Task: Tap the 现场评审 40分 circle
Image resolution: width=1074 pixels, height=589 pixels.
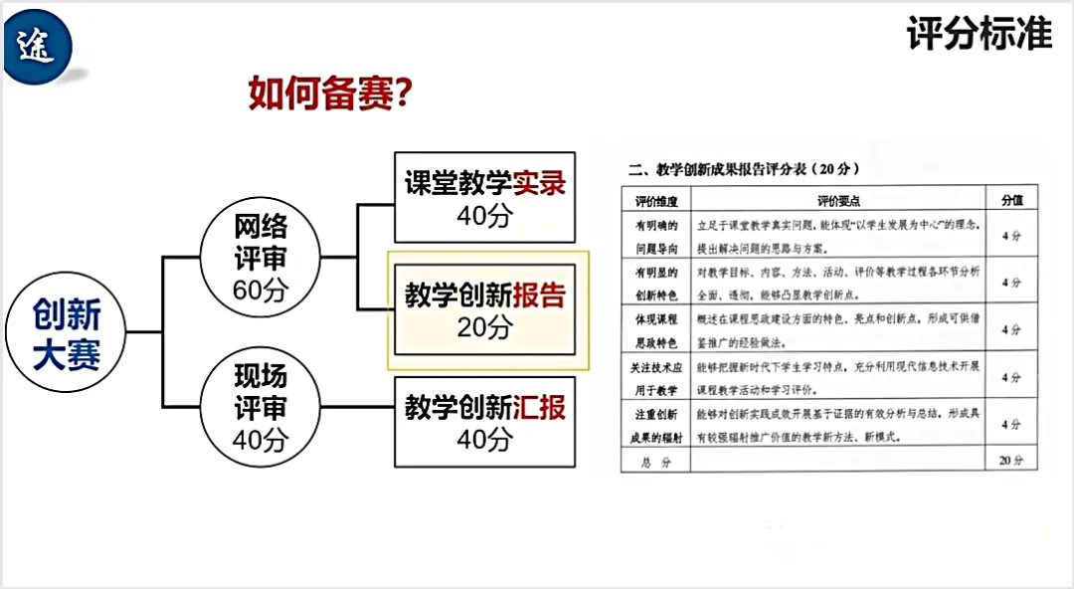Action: click(261, 407)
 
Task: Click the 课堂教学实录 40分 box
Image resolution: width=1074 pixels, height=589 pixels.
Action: click(484, 198)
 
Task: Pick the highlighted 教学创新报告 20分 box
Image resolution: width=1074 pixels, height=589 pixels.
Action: click(484, 309)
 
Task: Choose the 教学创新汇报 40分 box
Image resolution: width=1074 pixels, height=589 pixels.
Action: click(484, 422)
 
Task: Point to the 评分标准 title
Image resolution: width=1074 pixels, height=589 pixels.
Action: click(979, 35)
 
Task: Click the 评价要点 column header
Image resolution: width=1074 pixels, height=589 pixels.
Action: click(837, 200)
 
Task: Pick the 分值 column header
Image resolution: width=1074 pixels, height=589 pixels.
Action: click(1011, 200)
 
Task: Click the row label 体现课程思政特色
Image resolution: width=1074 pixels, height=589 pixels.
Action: click(654, 330)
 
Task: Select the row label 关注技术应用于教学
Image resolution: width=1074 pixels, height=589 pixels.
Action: click(654, 377)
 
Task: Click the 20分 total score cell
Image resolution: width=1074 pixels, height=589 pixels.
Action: click(1011, 462)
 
